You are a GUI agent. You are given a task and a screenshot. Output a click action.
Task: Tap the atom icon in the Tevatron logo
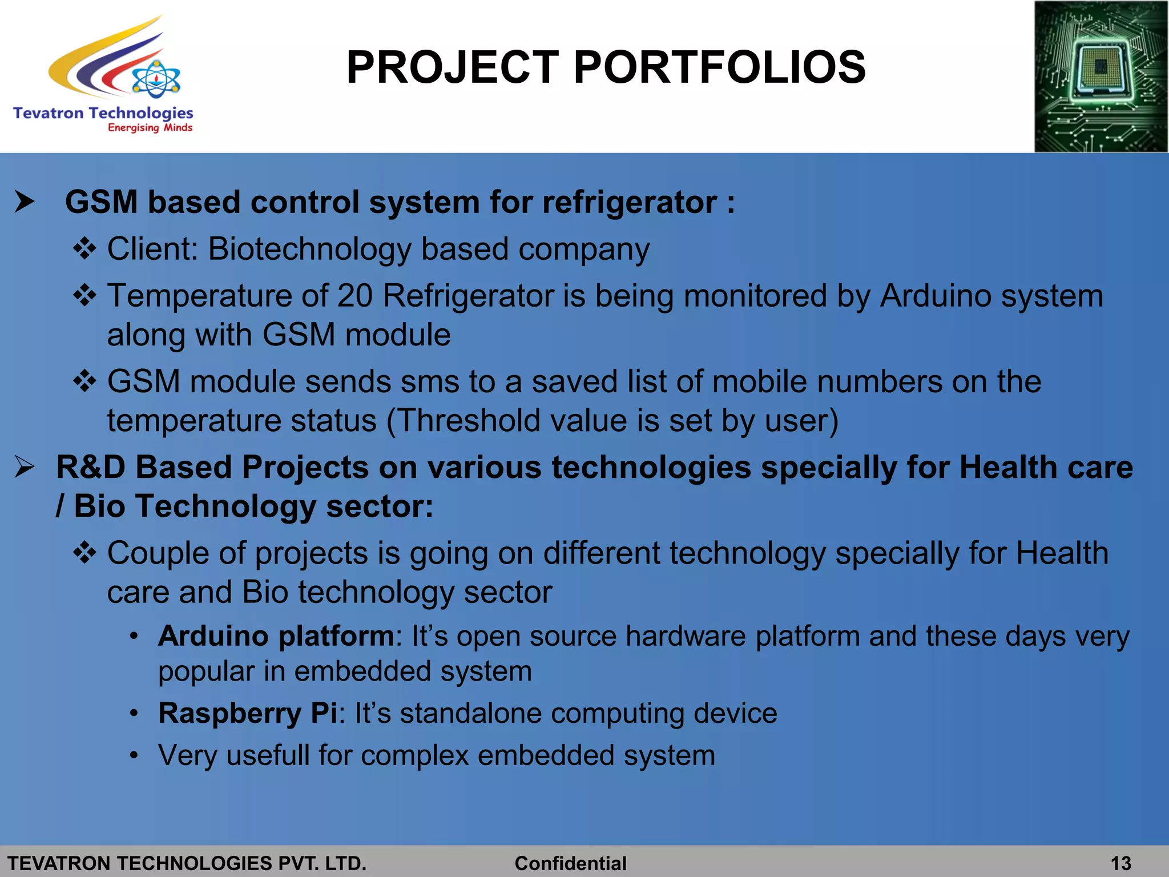coord(156,79)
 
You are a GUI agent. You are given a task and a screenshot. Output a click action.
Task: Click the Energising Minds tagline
coord(150,127)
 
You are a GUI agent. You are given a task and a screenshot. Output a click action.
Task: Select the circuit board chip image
coord(1101,77)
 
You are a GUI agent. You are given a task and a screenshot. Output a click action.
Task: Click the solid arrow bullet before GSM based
coord(25,202)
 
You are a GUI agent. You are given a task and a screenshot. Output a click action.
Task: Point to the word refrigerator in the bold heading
coord(629,203)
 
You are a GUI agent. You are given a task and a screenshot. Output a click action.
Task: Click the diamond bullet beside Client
coord(84,250)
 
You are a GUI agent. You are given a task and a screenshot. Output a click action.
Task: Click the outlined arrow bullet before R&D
coord(25,468)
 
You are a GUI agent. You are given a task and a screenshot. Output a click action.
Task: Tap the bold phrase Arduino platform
coord(276,636)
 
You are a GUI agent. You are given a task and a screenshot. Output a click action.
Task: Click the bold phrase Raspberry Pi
coord(247,713)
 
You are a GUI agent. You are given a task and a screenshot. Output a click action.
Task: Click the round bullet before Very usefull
coord(134,756)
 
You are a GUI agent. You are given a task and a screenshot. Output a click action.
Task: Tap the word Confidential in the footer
coord(570,863)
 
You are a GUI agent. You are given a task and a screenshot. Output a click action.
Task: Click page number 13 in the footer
coord(1120,863)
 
